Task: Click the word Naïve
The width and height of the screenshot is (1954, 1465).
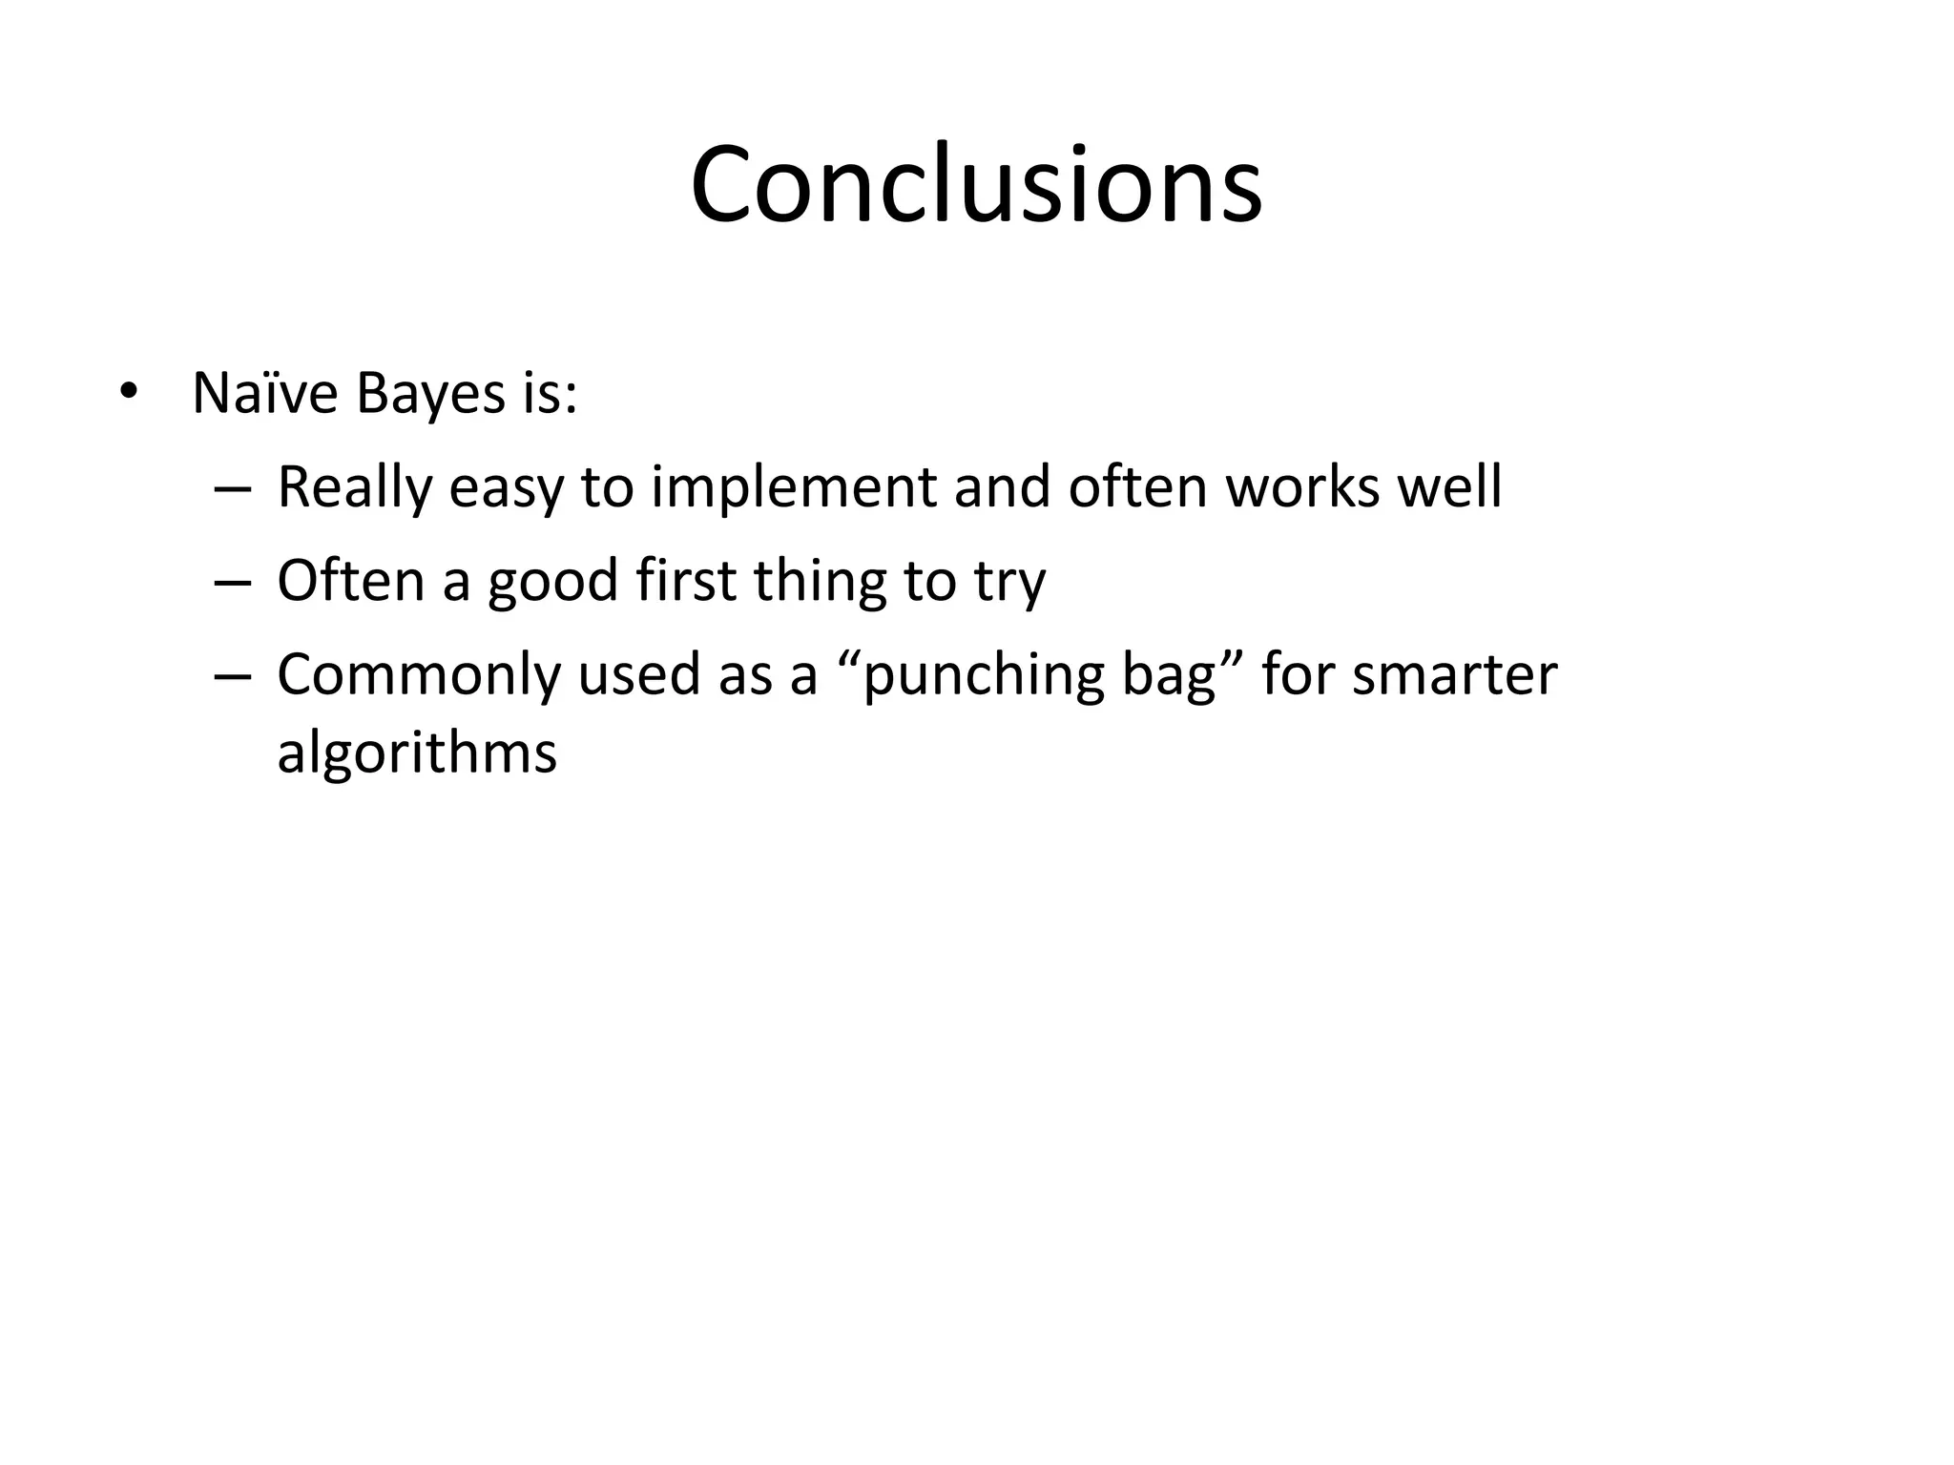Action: [x=264, y=392]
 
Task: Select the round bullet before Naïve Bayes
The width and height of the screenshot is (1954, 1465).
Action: [x=128, y=393]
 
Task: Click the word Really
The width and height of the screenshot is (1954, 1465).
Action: [x=354, y=487]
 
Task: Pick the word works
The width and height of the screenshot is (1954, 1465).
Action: [x=1302, y=486]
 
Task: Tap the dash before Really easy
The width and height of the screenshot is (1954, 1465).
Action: [x=233, y=488]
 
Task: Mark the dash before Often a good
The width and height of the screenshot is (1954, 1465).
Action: [x=233, y=582]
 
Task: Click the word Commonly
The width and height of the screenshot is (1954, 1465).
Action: [x=419, y=675]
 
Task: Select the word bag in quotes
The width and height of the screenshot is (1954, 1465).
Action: [x=1169, y=675]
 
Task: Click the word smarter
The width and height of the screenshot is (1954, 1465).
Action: [x=1454, y=675]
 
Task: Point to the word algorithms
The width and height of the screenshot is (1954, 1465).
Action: [x=416, y=753]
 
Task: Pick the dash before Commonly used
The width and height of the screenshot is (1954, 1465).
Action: [x=233, y=675]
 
